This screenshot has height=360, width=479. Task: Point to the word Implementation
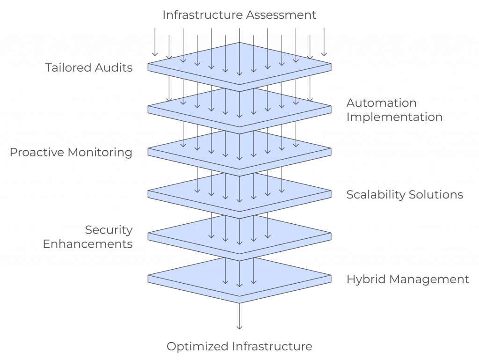pos(394,117)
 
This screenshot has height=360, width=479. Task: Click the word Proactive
pos(38,153)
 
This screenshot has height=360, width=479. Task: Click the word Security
pos(109,230)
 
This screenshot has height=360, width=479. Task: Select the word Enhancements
pos(88,244)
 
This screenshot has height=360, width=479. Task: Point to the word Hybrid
pos(362,279)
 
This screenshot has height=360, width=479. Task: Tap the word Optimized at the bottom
pos(197,347)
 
